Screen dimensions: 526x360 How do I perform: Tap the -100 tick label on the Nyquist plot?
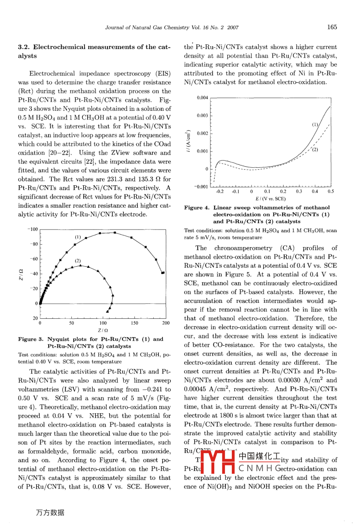click(x=33, y=229)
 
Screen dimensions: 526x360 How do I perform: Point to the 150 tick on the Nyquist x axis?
click(x=135, y=323)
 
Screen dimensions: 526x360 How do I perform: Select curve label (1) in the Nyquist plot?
click(x=78, y=237)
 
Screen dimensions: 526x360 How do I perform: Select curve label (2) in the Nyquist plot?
click(x=78, y=261)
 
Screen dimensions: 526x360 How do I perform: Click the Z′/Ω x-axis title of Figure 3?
click(x=103, y=330)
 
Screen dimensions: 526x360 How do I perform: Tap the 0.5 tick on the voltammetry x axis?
click(x=331, y=192)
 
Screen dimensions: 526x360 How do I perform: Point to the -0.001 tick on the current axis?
click(x=201, y=186)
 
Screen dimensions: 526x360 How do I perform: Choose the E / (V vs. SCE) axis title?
click(x=271, y=198)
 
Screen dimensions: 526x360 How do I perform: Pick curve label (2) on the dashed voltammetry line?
click(x=315, y=150)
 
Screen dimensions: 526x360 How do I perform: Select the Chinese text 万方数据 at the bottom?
click(x=50, y=513)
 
